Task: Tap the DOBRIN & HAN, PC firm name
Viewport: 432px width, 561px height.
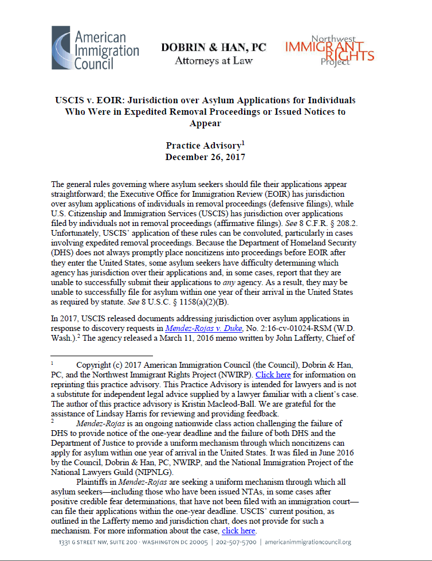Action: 214,48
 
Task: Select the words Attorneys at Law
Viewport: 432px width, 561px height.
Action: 214,60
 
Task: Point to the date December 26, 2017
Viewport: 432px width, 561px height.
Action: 206,157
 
